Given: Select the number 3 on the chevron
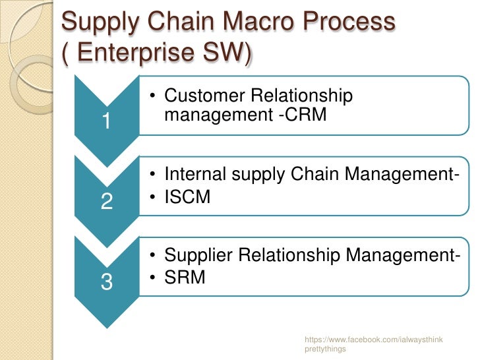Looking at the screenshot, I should tap(106, 282).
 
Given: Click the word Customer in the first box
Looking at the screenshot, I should tap(205, 96).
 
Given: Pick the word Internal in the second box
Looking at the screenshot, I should tap(191, 175).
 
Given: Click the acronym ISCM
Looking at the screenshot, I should tap(187, 196).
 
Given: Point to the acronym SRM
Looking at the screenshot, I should tap(185, 277).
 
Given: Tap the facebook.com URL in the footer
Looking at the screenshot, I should tap(373, 339).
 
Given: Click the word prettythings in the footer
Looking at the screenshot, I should tap(325, 349).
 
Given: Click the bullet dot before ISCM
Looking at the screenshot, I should tap(152, 196).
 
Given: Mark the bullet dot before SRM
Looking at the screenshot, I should tap(152, 277).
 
